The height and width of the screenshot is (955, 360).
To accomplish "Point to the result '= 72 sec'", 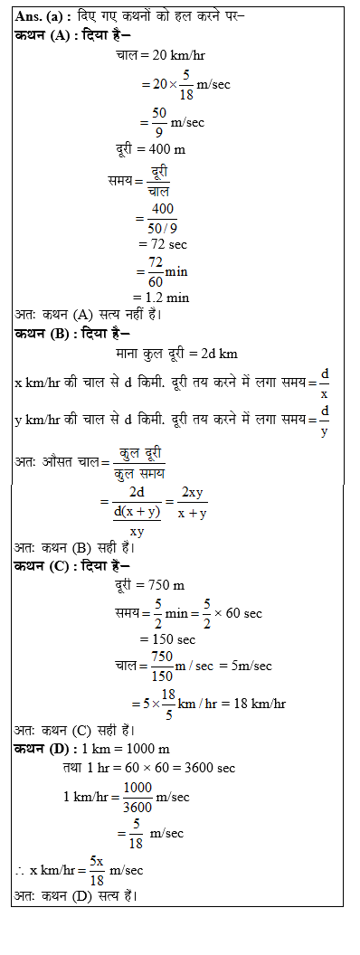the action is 163,244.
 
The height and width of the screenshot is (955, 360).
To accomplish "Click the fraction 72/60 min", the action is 156,270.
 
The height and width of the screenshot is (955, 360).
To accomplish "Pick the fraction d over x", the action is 325,382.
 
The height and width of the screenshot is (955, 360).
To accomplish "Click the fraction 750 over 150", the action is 162,666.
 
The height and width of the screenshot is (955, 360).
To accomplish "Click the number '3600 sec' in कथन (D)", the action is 210,768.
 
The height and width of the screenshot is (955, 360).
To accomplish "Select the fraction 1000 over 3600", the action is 137,797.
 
